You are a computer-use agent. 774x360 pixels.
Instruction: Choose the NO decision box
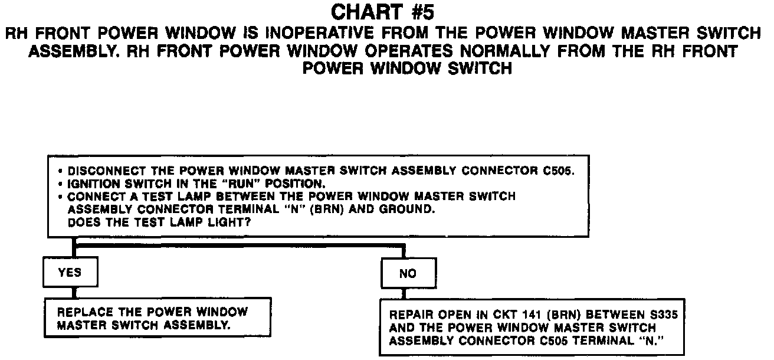pos(407,273)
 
